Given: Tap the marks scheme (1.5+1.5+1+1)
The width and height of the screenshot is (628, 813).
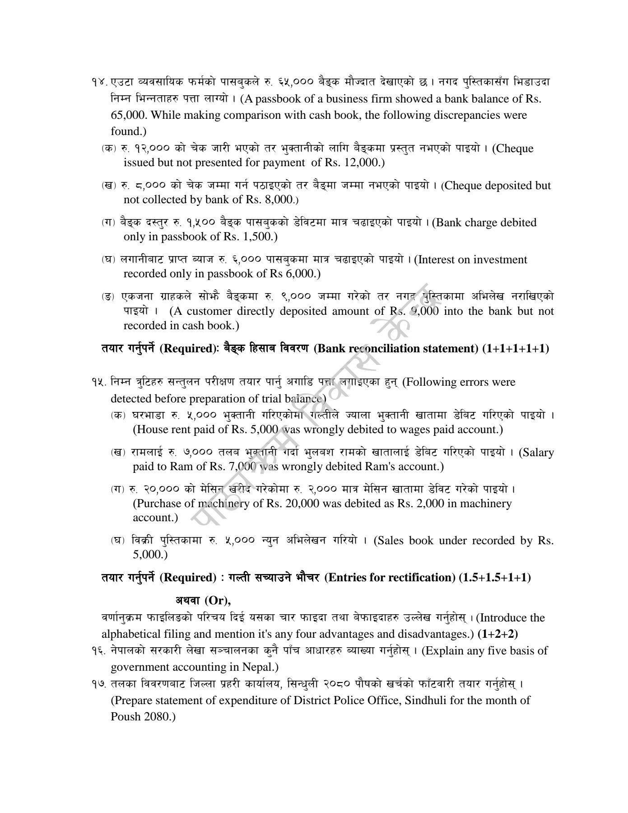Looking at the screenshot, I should (x=495, y=578).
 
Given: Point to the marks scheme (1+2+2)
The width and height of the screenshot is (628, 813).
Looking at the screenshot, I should (x=498, y=634).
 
